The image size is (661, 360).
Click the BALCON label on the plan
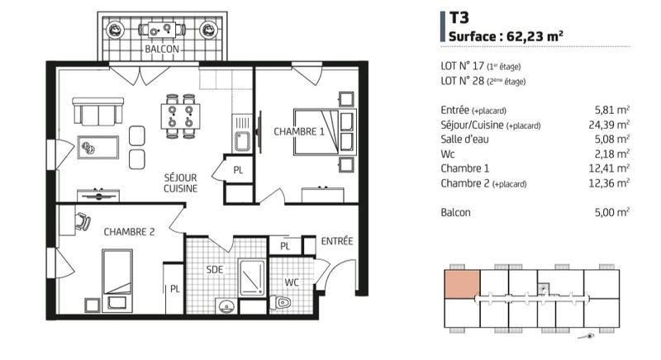[x=161, y=50]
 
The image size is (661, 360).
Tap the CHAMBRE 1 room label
[x=299, y=131]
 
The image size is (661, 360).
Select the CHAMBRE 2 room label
[x=129, y=232]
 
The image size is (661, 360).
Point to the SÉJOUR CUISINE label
[x=179, y=182]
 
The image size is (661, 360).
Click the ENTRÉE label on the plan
[x=337, y=241]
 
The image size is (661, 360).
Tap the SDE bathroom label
[x=215, y=270]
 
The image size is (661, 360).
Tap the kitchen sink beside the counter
[x=242, y=141]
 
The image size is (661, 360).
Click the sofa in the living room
[x=98, y=111]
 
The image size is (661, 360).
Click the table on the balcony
[x=161, y=31]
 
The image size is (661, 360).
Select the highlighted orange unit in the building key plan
[x=462, y=283]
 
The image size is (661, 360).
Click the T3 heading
[x=459, y=17]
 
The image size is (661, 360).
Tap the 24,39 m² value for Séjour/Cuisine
[x=612, y=125]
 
